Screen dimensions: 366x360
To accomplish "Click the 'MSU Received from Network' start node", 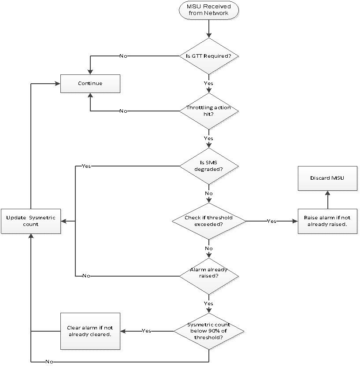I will pos(208,11).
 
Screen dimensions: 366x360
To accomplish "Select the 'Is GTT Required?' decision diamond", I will pos(208,56).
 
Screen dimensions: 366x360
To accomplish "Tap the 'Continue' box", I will pos(90,83).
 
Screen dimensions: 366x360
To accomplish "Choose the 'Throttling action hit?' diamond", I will pos(208,111).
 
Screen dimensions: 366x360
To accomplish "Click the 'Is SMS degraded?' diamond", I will pos(208,166).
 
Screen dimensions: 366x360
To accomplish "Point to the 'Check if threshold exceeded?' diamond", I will pos(208,221).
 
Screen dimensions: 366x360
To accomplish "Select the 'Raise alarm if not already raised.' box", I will pos(327,221).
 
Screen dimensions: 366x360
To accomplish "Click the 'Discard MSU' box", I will pos(327,178).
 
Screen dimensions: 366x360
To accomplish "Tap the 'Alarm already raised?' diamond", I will pos(208,276).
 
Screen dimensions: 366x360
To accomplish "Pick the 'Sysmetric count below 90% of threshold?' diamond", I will pos(208,331).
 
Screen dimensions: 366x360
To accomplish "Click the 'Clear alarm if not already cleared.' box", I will pos(90,331).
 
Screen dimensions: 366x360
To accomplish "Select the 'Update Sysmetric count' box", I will pos(30,221).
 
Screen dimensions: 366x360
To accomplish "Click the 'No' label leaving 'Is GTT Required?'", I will pos(124,56).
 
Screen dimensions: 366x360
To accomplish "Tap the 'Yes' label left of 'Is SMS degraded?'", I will pos(86,166).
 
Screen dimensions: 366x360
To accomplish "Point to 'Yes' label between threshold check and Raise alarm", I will pos(271,221).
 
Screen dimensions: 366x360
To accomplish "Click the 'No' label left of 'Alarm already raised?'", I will pos(86,276).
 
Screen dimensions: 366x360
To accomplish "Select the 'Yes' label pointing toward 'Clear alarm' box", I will pos(146,331).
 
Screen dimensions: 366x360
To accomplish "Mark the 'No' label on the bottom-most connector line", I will pos(49,362).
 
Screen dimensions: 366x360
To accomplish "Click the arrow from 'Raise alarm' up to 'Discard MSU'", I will pos(327,199).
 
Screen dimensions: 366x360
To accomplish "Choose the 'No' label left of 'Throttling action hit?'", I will pos(124,111).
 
